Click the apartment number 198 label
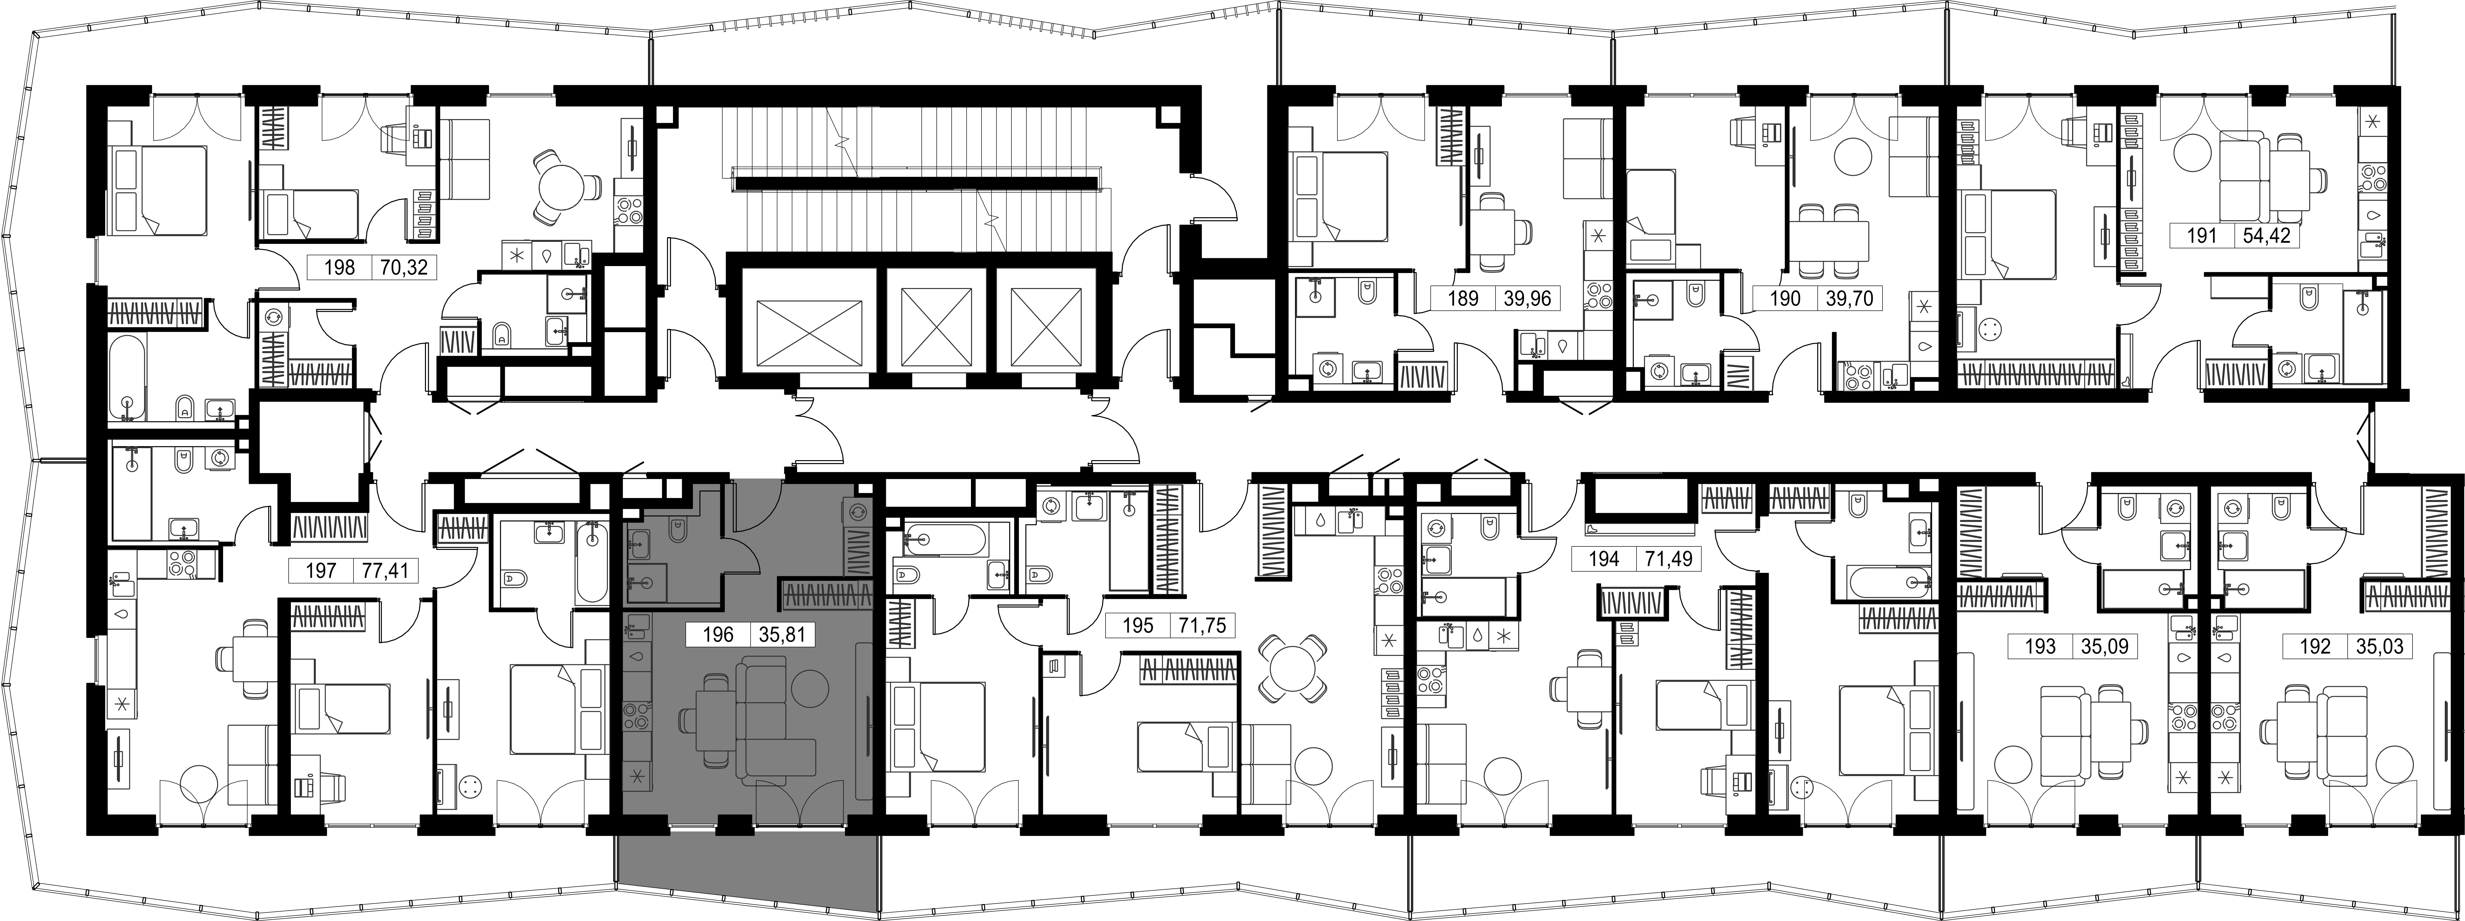pos(340,267)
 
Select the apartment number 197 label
pos(321,572)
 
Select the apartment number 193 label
pos(2041,647)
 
